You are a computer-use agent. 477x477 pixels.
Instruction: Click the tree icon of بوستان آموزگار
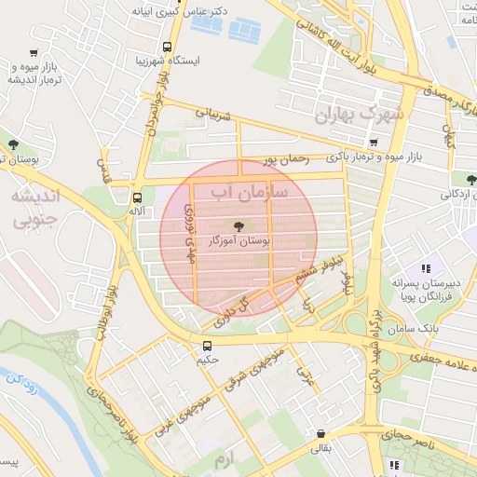238,226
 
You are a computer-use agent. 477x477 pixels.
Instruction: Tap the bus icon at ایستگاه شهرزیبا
167,47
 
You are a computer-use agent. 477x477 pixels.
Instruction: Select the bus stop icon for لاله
137,198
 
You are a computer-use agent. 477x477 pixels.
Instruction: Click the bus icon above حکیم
207,345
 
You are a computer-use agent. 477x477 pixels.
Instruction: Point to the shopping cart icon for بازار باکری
374,143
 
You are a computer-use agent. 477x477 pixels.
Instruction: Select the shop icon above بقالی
321,434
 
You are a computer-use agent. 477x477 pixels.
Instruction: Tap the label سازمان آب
250,193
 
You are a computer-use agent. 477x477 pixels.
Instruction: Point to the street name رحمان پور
285,159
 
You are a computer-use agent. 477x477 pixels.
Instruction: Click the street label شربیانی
211,115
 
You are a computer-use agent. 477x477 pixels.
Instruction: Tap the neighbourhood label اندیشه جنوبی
34,210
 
